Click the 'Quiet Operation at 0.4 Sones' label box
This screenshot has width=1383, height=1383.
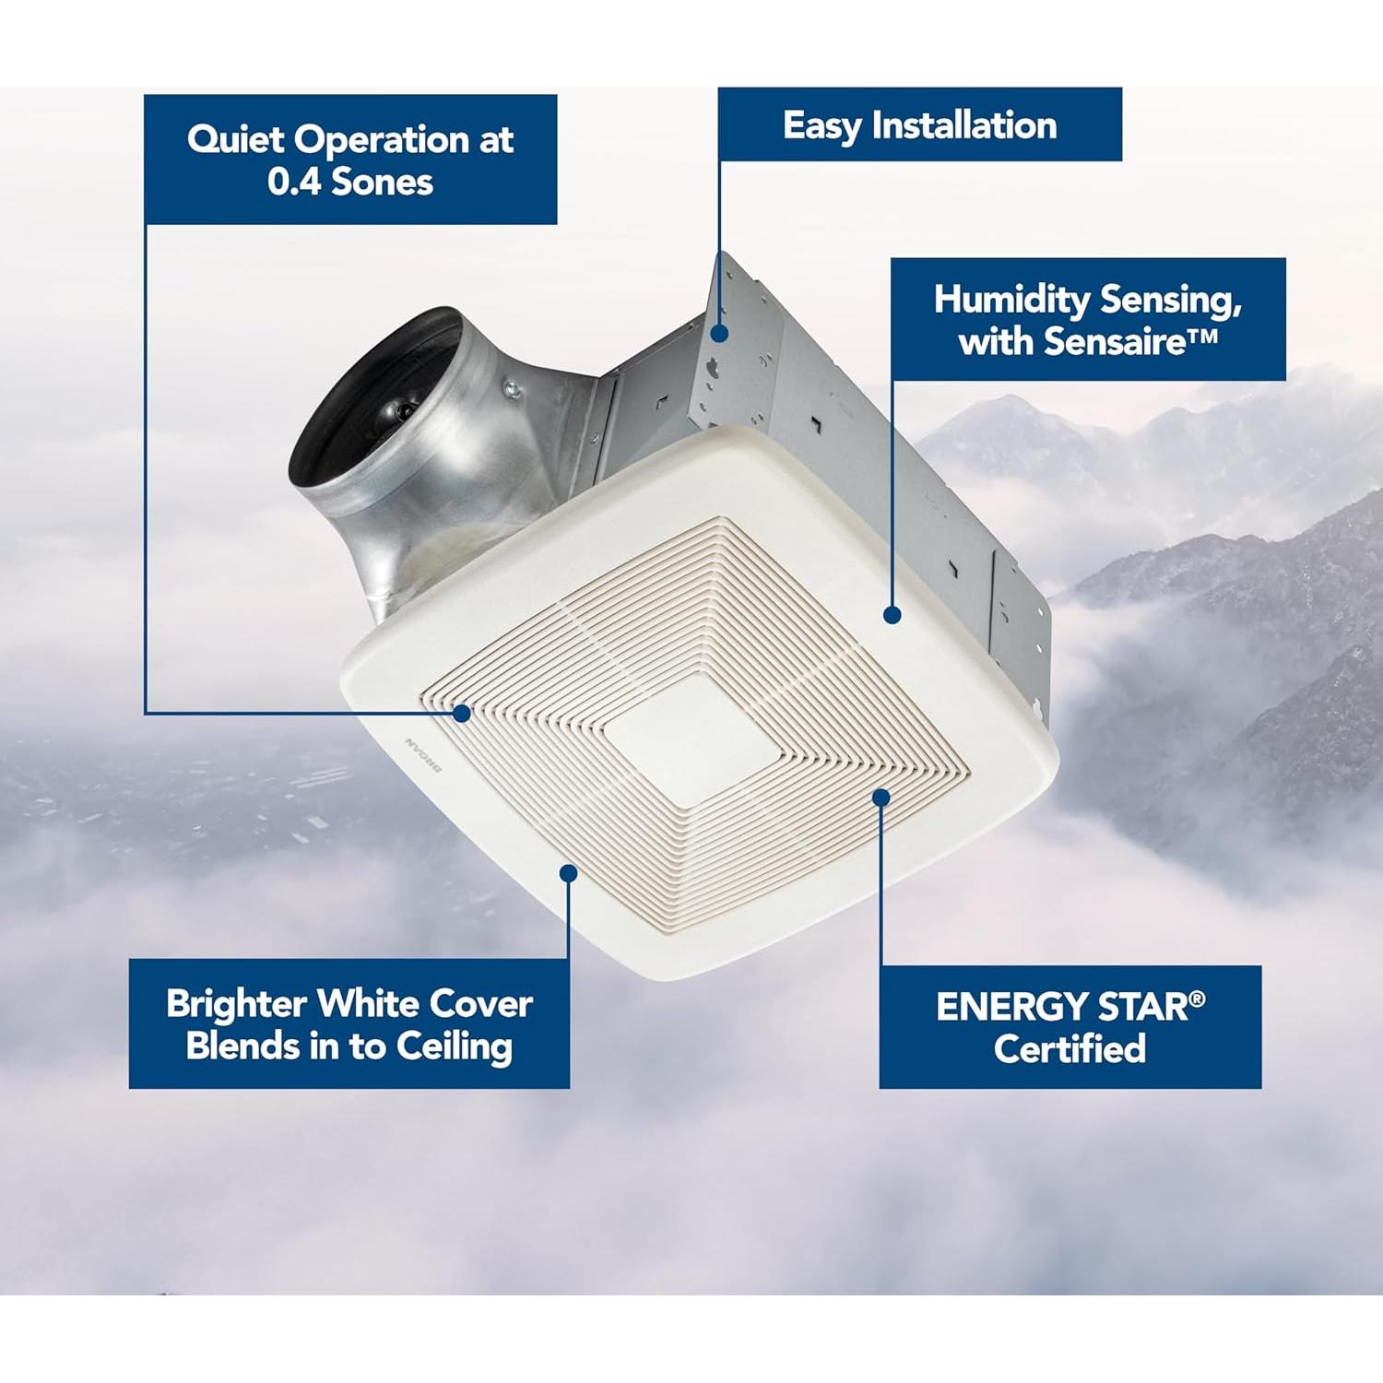click(x=350, y=159)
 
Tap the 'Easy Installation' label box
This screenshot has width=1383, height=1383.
click(x=919, y=124)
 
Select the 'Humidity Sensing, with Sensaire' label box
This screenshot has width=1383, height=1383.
click(x=1088, y=319)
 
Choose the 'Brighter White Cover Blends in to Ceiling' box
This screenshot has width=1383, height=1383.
click(x=349, y=1023)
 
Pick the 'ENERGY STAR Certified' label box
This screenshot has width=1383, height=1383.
click(x=1070, y=1026)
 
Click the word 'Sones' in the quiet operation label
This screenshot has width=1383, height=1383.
click(x=382, y=182)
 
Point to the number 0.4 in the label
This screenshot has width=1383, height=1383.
click(x=293, y=182)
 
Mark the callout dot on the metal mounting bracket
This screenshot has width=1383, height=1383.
click(x=719, y=333)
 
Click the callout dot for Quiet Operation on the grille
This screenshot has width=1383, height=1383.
click(x=462, y=713)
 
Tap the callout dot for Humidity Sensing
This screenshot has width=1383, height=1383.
click(x=892, y=614)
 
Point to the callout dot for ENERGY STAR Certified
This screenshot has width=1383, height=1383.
click(x=881, y=797)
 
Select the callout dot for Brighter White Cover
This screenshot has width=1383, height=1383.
click(x=569, y=872)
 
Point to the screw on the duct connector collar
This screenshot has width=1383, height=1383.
click(x=513, y=391)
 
